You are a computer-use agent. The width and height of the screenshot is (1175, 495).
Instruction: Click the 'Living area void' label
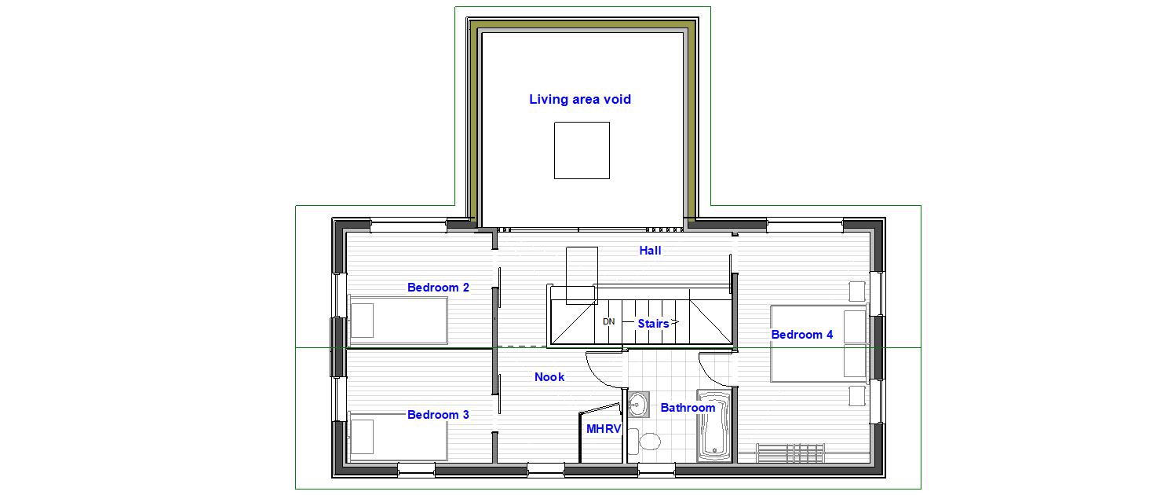click(x=579, y=99)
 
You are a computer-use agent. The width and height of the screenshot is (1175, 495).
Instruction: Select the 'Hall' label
click(x=650, y=251)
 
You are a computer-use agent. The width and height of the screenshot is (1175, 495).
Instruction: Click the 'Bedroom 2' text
click(x=438, y=288)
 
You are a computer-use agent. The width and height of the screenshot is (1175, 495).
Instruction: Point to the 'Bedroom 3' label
click(x=438, y=415)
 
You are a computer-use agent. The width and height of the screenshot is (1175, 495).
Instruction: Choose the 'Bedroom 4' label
click(x=802, y=335)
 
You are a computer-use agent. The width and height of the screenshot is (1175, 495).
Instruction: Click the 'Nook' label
click(x=549, y=377)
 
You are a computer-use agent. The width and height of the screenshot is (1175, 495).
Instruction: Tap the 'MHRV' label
click(x=604, y=429)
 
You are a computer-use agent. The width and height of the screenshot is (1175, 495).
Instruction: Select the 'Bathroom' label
click(x=688, y=407)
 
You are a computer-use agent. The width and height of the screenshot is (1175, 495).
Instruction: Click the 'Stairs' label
click(x=653, y=324)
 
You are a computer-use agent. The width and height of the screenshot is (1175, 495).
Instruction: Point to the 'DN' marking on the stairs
click(x=608, y=321)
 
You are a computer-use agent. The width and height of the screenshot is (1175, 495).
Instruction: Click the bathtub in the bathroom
click(x=714, y=426)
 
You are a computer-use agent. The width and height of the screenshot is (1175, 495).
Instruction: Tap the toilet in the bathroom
click(x=644, y=441)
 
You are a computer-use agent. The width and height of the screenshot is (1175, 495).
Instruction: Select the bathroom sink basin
click(x=638, y=405)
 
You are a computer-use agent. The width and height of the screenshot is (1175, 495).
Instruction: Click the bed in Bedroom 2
click(x=398, y=321)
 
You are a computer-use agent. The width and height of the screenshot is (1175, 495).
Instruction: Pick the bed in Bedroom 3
click(x=398, y=437)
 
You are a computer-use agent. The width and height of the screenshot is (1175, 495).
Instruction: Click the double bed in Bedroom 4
click(x=819, y=344)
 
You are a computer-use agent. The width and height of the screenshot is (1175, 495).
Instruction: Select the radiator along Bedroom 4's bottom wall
click(x=790, y=453)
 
